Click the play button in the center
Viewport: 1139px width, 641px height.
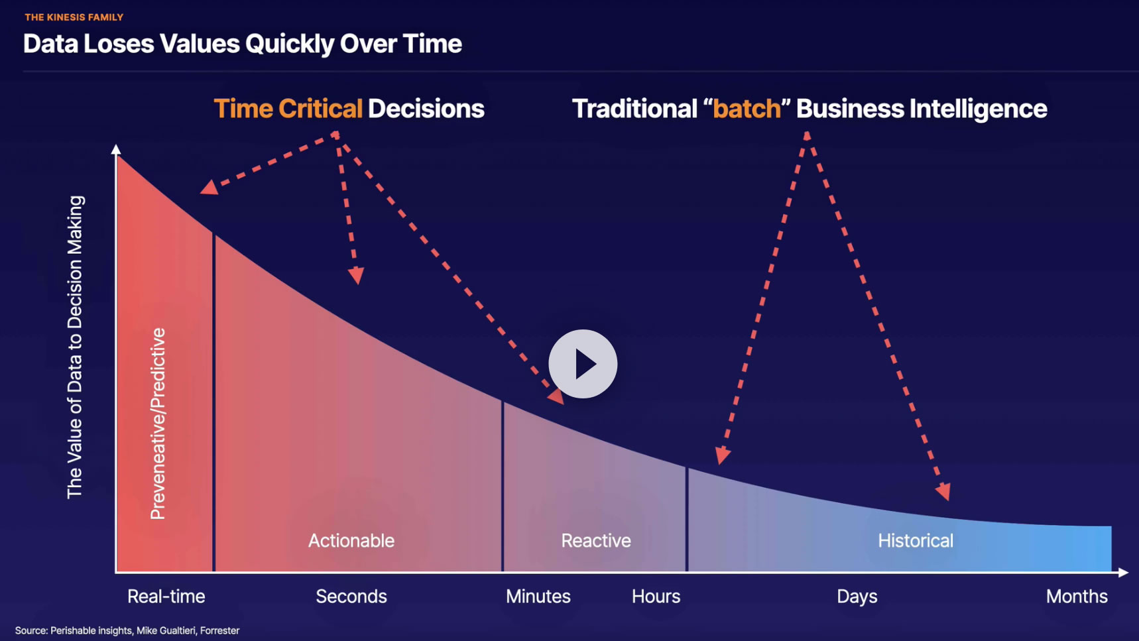pos(583,364)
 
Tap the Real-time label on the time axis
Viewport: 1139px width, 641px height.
pos(166,597)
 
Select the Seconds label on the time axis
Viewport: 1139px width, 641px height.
pos(351,597)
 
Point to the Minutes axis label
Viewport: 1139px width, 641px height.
pos(538,597)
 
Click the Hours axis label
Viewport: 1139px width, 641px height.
pos(656,597)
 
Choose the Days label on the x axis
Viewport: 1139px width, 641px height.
pos(857,597)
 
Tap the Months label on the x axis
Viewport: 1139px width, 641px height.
pos(1077,597)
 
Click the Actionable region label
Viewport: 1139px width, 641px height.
pos(351,541)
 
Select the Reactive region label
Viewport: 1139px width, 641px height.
pos(596,541)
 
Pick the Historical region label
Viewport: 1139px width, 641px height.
pos(916,541)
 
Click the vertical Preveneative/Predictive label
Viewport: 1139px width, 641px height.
pos(158,424)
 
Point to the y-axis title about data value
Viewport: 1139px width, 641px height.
pos(75,347)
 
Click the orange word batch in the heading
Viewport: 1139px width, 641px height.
pos(747,109)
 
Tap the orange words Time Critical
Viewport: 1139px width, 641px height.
pos(288,109)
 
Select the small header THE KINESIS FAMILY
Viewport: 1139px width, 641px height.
pos(74,17)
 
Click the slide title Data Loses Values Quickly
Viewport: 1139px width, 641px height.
pos(243,44)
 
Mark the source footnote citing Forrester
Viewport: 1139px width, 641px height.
pos(127,630)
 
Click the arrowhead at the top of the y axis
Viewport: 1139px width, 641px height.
pos(116,149)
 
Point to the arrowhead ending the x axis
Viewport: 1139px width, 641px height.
pos(1123,572)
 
